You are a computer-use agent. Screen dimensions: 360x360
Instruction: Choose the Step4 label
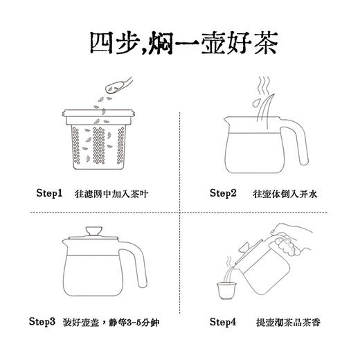[224, 321]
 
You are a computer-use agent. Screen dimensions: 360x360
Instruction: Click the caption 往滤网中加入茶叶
[113, 195]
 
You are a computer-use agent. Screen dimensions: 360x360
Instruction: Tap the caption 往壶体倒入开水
[280, 195]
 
